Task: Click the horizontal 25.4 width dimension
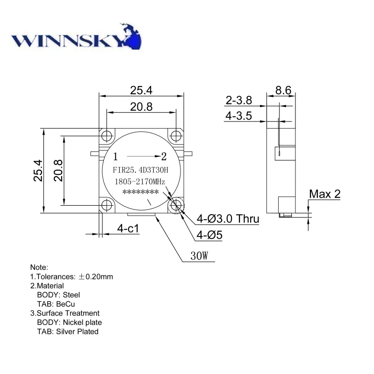(x=141, y=89)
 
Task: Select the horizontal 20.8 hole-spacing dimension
(x=141, y=107)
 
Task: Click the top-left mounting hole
(x=107, y=136)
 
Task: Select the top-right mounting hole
(x=176, y=136)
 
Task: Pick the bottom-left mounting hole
(x=107, y=205)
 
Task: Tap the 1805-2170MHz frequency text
(x=141, y=181)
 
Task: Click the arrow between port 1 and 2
(x=141, y=156)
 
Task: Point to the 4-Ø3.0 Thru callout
(x=228, y=218)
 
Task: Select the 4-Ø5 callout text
(x=209, y=236)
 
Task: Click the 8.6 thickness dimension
(x=283, y=90)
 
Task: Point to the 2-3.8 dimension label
(x=239, y=100)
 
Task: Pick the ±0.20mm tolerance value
(x=95, y=276)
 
